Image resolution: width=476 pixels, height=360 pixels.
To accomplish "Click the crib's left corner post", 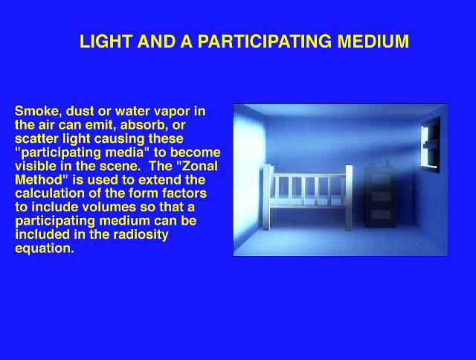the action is (x=267, y=197).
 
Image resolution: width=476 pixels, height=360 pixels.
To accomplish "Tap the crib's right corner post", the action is (x=349, y=197).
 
